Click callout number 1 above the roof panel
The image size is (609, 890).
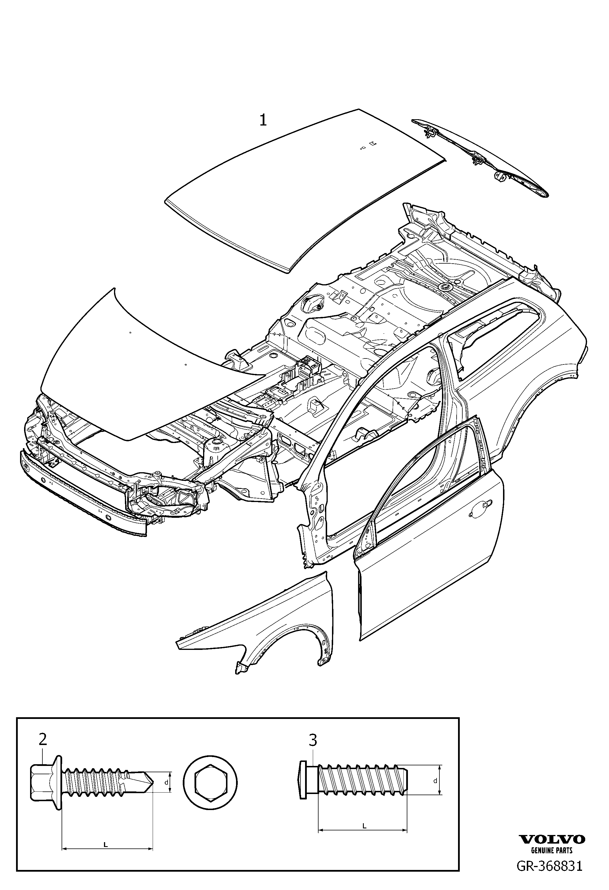point(263,121)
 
